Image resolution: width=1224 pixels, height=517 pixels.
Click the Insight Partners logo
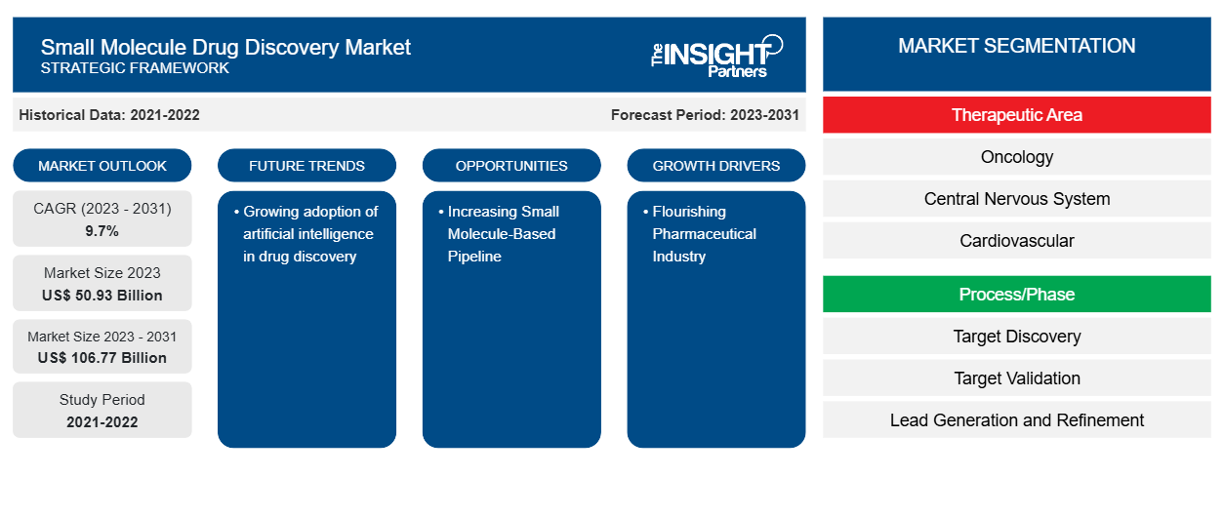(x=716, y=55)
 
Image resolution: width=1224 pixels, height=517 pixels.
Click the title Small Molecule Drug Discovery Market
(x=225, y=47)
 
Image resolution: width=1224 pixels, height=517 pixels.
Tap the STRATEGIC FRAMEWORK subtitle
(x=135, y=68)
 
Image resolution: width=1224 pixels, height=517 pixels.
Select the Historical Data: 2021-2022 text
(x=109, y=115)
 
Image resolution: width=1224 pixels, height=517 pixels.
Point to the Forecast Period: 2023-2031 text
(x=705, y=115)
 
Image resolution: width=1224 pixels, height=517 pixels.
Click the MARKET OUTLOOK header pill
(x=102, y=166)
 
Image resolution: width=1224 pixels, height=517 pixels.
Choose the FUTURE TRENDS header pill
(x=306, y=166)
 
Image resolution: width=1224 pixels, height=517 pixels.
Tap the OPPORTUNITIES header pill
(x=511, y=166)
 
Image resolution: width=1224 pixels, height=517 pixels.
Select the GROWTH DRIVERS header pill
(x=716, y=166)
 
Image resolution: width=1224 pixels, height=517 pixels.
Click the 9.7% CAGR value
(x=102, y=231)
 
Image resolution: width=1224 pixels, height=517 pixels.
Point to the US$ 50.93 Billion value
(x=102, y=296)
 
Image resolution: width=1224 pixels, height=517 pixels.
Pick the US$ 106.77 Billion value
(x=102, y=358)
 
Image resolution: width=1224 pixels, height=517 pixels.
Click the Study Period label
(x=102, y=400)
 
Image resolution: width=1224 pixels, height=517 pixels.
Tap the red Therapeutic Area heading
(x=1016, y=115)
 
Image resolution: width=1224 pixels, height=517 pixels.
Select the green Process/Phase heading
(x=1016, y=295)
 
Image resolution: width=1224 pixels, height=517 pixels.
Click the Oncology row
(x=1016, y=157)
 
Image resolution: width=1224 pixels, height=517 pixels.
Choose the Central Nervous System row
(x=1016, y=199)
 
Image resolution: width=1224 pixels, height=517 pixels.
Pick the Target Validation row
(x=1016, y=378)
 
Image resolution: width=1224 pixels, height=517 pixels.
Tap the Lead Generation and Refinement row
(x=1016, y=420)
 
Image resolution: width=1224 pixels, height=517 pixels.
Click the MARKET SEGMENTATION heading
(x=1016, y=46)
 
